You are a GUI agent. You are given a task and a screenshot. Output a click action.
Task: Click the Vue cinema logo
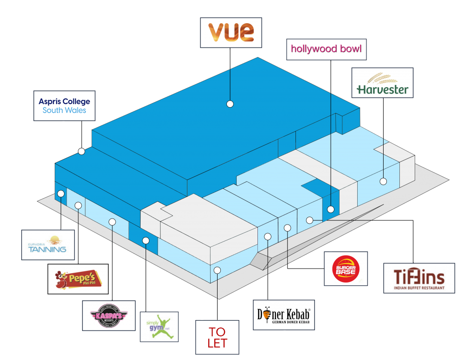click(x=231, y=32)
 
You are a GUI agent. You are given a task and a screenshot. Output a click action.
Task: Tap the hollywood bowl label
click(x=326, y=49)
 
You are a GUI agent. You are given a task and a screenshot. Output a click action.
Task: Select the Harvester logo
click(x=382, y=84)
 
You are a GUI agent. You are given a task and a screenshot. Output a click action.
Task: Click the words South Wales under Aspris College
click(x=64, y=110)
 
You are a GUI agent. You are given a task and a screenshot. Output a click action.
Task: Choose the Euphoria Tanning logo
click(x=48, y=245)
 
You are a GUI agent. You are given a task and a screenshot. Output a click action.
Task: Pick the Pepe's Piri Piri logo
click(x=78, y=279)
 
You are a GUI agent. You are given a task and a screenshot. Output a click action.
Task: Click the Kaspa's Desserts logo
click(x=109, y=315)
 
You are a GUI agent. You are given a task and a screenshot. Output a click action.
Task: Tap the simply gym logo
click(x=159, y=327)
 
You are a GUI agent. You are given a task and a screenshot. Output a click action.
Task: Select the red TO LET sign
click(x=217, y=337)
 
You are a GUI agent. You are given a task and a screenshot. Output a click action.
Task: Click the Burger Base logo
click(x=346, y=268)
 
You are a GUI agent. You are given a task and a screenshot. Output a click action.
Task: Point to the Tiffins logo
click(x=419, y=277)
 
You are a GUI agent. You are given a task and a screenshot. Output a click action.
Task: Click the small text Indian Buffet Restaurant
click(x=419, y=288)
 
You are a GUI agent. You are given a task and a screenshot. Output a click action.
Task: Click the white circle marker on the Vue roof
click(x=230, y=104)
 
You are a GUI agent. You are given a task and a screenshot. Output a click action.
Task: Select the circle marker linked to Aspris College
click(x=82, y=151)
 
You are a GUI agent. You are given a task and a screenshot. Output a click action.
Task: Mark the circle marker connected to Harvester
click(x=383, y=181)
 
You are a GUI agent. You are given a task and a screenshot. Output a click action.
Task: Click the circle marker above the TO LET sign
click(x=217, y=270)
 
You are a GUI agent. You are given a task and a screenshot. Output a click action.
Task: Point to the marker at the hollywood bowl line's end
click(x=330, y=209)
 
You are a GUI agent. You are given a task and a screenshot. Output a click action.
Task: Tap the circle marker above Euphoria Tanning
click(x=61, y=193)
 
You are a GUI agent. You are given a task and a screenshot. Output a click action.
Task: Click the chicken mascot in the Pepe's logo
click(x=61, y=280)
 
